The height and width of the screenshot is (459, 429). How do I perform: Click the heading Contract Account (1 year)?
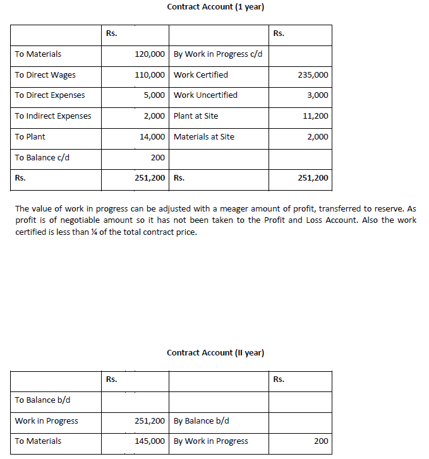tap(215, 7)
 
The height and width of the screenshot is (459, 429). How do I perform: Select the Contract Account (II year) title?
tap(215, 352)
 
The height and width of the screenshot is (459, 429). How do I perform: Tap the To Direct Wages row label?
tap(45, 75)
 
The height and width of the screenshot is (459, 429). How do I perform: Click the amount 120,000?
tap(150, 54)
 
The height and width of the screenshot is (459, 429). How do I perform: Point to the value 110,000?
tap(150, 75)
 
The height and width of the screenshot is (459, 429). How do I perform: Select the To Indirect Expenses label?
tap(53, 116)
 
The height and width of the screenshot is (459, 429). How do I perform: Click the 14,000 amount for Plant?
tap(152, 136)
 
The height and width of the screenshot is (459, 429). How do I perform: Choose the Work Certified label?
tap(201, 75)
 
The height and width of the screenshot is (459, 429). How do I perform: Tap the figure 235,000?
tap(313, 75)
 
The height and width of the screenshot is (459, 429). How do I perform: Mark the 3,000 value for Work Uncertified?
tap(318, 95)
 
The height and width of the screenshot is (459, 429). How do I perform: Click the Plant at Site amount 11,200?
tap(315, 116)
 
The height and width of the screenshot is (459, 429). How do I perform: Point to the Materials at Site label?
tap(204, 136)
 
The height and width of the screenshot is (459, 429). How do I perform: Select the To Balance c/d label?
tap(42, 157)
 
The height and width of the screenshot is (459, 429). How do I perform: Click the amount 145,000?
tap(150, 441)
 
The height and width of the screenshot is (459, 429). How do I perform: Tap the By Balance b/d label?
tap(202, 420)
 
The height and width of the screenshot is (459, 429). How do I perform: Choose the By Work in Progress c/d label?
tap(218, 54)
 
